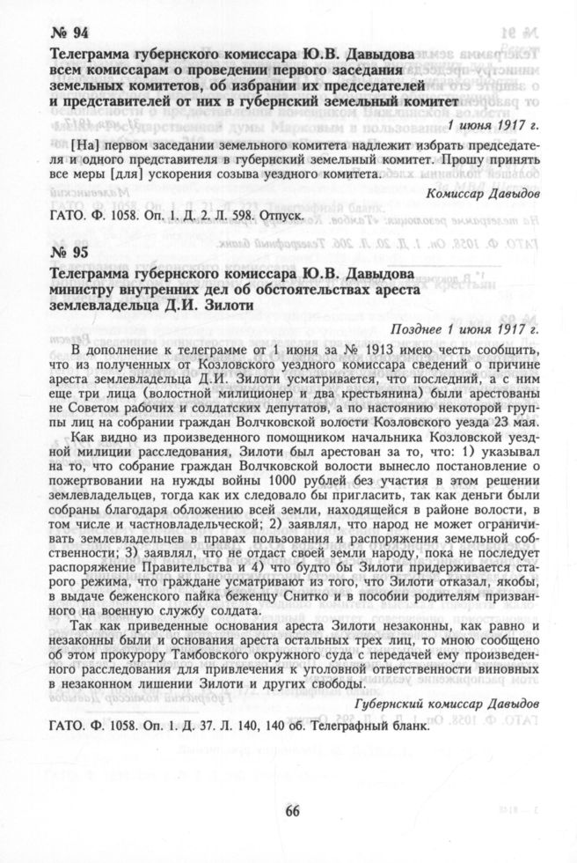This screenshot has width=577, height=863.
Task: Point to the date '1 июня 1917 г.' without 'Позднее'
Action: pyautogui.click(x=493, y=125)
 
